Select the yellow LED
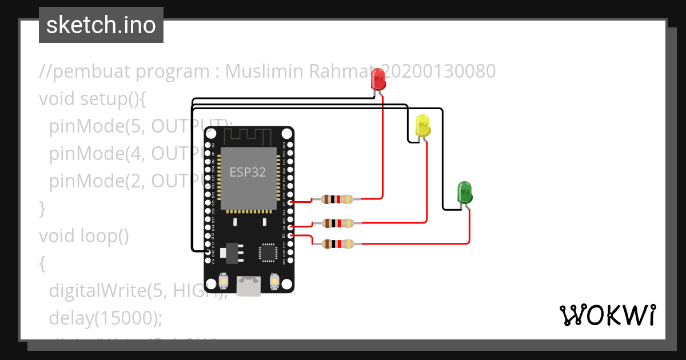pos(422,125)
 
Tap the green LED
pos(464,193)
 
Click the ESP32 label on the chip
pos(248,172)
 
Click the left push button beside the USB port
pos(222,282)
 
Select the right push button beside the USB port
pos(274,282)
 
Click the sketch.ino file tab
pos(101,25)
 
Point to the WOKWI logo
pos(607,315)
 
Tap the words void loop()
pos(84,235)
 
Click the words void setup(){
pos(93,99)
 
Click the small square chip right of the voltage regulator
pos(268,252)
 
